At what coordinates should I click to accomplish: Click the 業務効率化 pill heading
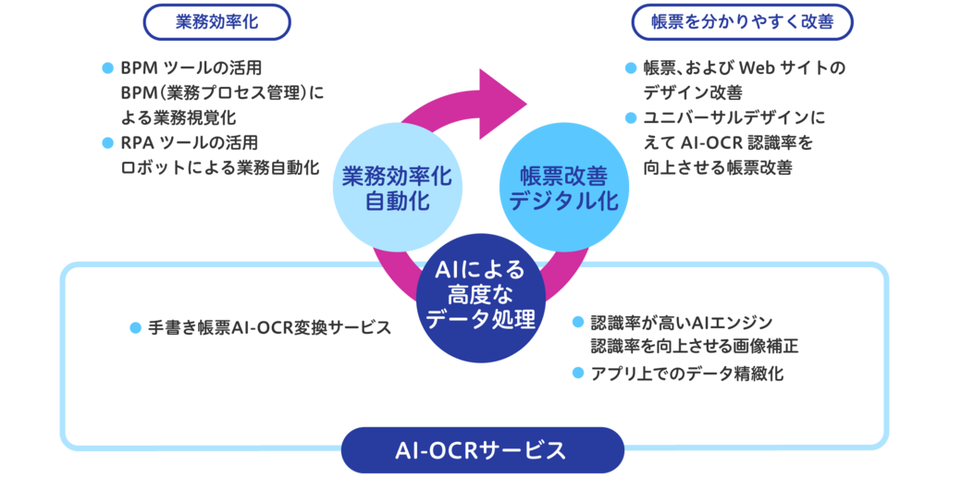pos(218,22)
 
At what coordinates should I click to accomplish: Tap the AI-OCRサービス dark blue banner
pos(481,451)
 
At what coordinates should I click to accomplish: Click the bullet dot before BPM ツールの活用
pos(106,69)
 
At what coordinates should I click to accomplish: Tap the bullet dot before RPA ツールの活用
pos(106,143)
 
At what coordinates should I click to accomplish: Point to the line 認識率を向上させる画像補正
pos(694,347)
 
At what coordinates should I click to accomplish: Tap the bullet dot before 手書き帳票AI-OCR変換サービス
pos(136,327)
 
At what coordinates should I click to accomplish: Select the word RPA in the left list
pos(136,143)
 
